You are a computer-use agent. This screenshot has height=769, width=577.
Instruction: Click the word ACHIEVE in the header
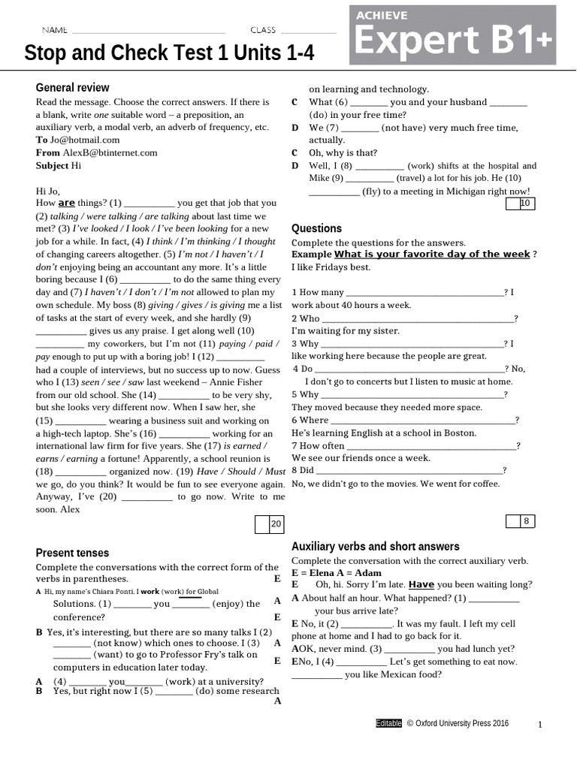[x=382, y=15]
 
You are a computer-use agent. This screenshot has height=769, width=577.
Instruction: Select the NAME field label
[x=54, y=30]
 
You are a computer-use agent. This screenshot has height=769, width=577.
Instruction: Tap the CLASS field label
[x=263, y=30]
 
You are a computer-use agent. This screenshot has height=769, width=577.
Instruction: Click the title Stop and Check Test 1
[x=169, y=53]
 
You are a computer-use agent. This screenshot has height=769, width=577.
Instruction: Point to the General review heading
[x=73, y=87]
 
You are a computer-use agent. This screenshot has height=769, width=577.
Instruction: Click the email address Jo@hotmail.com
[x=85, y=140]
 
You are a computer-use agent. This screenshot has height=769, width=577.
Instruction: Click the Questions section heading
[x=316, y=228]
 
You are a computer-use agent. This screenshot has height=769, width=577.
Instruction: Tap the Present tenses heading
[x=72, y=553]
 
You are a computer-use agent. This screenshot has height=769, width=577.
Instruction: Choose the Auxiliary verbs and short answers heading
[x=375, y=547]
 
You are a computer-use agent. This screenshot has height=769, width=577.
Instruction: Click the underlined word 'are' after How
[x=67, y=203]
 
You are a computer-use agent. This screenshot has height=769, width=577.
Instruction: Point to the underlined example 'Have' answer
[x=421, y=584]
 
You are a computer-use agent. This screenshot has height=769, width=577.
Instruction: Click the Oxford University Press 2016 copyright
[x=458, y=723]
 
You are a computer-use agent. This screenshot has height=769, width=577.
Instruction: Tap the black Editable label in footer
[x=388, y=723]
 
